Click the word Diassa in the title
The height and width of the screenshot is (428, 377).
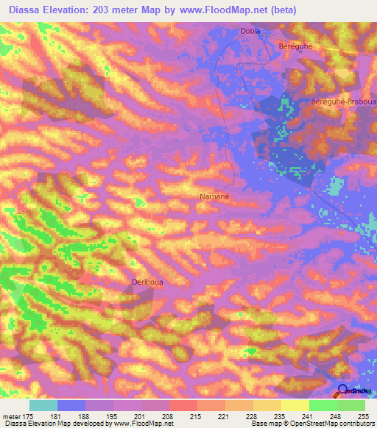[x=22, y=9]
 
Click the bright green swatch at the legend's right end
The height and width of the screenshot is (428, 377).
[x=351, y=405]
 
